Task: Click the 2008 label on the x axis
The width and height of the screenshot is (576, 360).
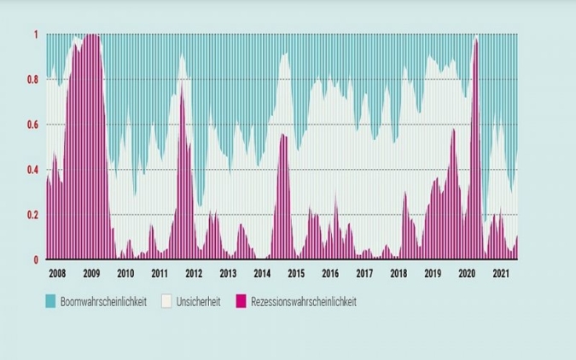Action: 57,274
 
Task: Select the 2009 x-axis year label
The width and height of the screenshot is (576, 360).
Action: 91,274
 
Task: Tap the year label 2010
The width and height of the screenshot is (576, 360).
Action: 125,274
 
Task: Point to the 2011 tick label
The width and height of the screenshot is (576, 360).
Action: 160,274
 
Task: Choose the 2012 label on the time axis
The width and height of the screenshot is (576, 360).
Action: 194,274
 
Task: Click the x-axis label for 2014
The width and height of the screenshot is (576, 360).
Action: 262,274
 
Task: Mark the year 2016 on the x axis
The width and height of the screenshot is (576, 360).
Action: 330,274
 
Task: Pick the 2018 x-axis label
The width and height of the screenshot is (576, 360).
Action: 399,274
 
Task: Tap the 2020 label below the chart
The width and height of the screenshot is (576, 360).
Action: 467,274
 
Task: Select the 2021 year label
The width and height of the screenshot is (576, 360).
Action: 501,274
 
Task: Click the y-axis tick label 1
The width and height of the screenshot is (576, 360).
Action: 36,35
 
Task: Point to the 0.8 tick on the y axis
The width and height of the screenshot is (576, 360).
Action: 32,80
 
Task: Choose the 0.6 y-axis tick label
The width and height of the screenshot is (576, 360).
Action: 32,125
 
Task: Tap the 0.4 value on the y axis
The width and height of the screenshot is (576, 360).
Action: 32,170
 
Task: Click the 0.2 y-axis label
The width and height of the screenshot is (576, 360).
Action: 32,215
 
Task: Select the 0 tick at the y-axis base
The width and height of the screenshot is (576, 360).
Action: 36,259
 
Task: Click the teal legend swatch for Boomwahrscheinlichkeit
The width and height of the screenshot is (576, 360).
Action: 50,301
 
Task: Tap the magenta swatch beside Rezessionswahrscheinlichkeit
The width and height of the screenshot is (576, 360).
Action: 241,301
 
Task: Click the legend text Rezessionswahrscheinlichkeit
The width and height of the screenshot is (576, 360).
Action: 303,301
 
